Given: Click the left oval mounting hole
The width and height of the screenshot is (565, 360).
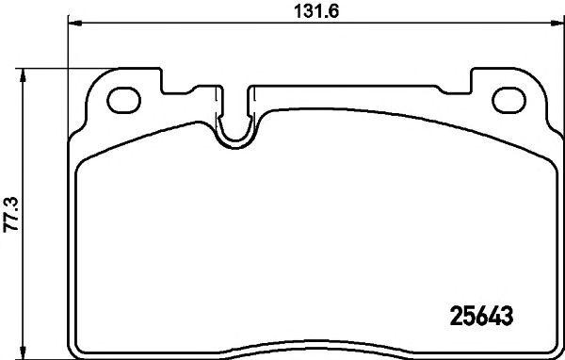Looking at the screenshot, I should coord(123,98).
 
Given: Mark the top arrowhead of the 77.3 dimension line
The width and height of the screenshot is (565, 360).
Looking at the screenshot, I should coord(25,72).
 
